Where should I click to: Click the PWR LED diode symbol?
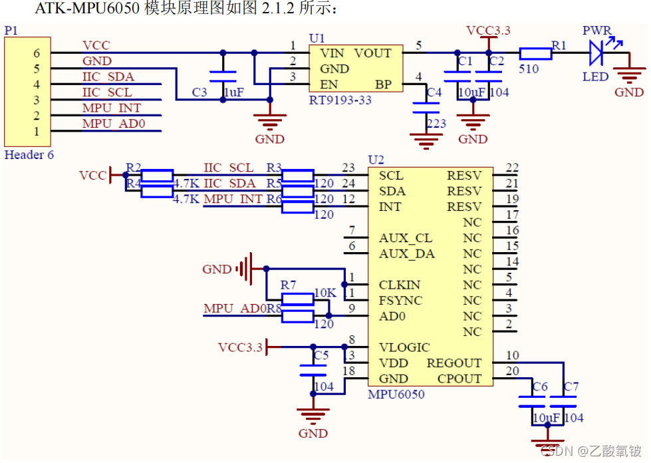(x=596, y=53)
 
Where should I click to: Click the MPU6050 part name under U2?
(x=396, y=394)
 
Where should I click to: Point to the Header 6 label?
(x=29, y=155)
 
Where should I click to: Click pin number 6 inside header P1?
(x=37, y=53)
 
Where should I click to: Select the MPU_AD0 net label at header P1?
(x=113, y=124)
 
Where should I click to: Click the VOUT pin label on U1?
(x=372, y=53)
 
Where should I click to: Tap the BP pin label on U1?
(x=383, y=84)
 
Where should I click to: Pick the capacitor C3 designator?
(x=199, y=92)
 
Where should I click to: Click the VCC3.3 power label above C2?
(x=488, y=31)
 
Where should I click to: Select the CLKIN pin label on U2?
(x=400, y=285)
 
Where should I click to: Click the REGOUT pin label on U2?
(x=454, y=363)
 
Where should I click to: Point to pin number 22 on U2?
(x=511, y=168)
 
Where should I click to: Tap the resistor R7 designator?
(x=288, y=285)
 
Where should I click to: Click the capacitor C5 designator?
(x=321, y=355)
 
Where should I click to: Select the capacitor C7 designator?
(x=571, y=386)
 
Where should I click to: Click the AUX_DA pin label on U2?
(x=406, y=253)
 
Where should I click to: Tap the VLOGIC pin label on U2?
(x=404, y=347)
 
